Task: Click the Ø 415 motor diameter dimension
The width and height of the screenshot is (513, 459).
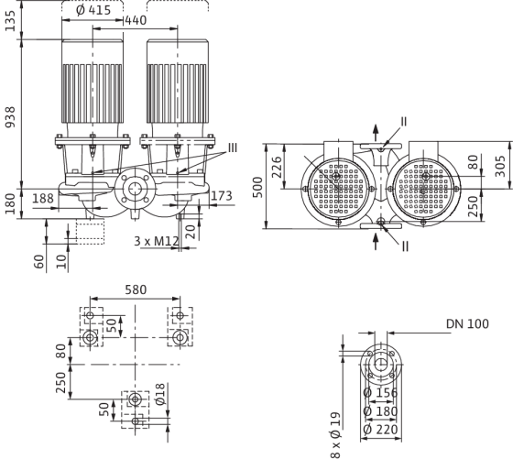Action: (93, 10)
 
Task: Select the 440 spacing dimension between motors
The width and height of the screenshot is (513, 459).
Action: (136, 20)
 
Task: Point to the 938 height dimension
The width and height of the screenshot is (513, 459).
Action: (10, 117)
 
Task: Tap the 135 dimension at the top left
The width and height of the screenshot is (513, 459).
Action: (10, 21)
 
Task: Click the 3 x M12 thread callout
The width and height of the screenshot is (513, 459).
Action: (157, 241)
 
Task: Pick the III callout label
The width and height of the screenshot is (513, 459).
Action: (233, 148)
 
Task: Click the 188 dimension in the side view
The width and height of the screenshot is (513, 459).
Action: (43, 198)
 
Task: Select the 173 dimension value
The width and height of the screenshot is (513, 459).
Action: (222, 196)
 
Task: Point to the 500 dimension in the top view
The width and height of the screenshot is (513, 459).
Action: (258, 187)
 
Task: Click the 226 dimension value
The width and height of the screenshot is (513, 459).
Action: (277, 167)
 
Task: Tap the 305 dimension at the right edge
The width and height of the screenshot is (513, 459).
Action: (500, 166)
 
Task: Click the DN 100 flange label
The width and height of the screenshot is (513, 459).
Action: (467, 324)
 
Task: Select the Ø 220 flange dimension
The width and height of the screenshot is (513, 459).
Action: (380, 430)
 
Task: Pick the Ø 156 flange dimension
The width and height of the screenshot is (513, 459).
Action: (380, 392)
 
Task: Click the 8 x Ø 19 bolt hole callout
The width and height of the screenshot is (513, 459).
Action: (336, 435)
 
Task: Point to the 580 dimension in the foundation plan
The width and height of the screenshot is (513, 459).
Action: (136, 290)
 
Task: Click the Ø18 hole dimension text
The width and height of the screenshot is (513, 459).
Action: (160, 394)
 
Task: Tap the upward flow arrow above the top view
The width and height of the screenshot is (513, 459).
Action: (376, 133)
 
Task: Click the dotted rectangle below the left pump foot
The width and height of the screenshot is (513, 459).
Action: (91, 232)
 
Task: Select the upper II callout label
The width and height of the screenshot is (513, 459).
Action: (404, 122)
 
